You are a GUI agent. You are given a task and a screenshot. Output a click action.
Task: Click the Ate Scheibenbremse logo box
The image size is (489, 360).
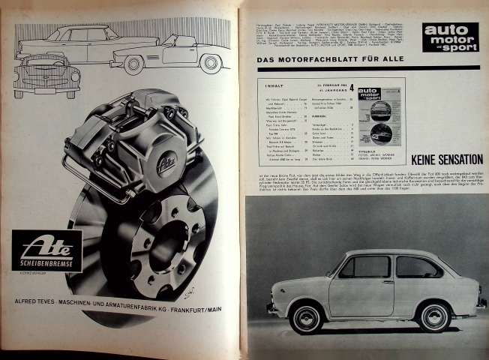tap(46, 250)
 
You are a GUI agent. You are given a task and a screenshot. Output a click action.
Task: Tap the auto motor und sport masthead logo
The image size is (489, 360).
tap(450, 37)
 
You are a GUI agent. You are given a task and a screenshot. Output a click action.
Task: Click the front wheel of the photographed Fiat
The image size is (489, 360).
tap(307, 316)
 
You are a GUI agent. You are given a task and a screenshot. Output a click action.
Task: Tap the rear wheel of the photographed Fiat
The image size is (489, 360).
tap(436, 315)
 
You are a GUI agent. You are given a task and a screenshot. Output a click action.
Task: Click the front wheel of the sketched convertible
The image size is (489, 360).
tap(135, 64)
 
